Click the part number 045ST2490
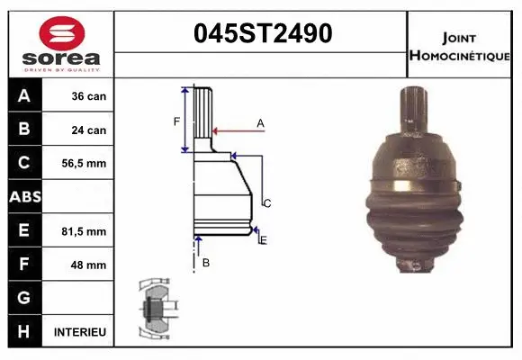click(x=264, y=33)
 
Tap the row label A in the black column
click(x=24, y=96)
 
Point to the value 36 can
click(x=89, y=96)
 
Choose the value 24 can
click(x=89, y=130)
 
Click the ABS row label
click(x=24, y=196)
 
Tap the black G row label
click(x=24, y=298)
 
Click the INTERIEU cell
click(x=80, y=332)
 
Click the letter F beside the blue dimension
click(x=177, y=121)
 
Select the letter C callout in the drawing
click(x=266, y=203)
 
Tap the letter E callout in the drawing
click(x=263, y=239)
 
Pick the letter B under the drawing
click(x=205, y=263)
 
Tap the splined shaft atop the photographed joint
click(x=416, y=112)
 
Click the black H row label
click(x=24, y=332)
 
